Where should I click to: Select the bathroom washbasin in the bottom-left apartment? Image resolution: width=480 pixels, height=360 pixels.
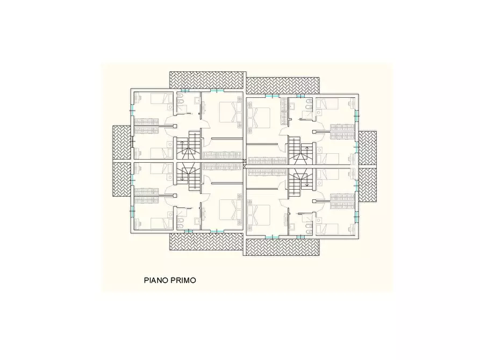[197, 220]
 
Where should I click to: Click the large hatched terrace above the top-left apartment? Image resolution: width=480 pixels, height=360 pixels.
[208, 80]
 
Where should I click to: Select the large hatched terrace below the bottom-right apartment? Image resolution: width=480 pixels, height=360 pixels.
[283, 247]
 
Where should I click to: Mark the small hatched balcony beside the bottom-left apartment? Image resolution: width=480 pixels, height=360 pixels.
[122, 179]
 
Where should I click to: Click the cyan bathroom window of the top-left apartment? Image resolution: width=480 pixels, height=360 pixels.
[184, 90]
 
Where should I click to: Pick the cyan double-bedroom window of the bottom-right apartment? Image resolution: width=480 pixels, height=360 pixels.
[270, 236]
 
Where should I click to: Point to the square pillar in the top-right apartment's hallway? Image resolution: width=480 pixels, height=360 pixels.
[314, 132]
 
